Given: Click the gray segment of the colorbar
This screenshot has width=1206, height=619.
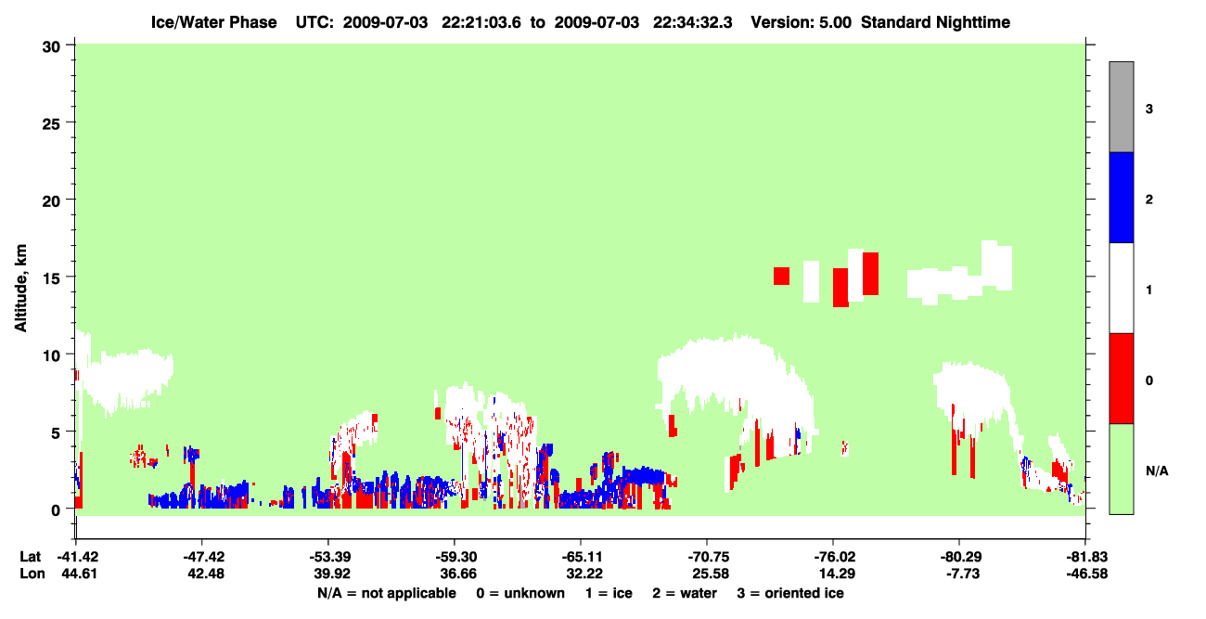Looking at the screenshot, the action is click(1121, 107).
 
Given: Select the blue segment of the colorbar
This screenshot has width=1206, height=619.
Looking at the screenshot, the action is click(1121, 197).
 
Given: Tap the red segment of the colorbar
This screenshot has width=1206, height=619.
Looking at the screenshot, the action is click(1121, 379).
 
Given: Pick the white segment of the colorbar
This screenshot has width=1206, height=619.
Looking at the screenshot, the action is click(1121, 288).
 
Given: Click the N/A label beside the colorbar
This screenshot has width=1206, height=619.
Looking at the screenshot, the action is click(1157, 471).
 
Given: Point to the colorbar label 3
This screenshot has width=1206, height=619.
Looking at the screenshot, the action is click(1148, 109).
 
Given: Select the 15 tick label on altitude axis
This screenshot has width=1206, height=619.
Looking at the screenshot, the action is click(51, 278).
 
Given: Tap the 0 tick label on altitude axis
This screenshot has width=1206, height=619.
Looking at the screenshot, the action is click(56, 510).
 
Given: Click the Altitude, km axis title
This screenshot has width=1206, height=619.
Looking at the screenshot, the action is click(20, 289).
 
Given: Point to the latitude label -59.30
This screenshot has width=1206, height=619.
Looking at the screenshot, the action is click(456, 557).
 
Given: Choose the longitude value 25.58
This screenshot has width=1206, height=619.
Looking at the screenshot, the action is click(710, 574).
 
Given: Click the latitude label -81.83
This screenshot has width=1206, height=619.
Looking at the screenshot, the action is click(1086, 557).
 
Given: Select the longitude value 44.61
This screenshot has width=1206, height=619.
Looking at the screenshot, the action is click(79, 574).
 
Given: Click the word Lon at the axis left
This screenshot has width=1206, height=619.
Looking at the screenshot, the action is click(32, 574).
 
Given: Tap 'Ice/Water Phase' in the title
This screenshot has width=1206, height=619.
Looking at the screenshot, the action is click(213, 22).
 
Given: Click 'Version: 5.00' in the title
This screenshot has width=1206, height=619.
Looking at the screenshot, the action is click(802, 22).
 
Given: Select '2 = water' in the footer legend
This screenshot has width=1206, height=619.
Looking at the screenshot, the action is click(685, 593).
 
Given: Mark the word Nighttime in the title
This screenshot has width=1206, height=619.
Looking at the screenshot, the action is click(973, 22).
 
